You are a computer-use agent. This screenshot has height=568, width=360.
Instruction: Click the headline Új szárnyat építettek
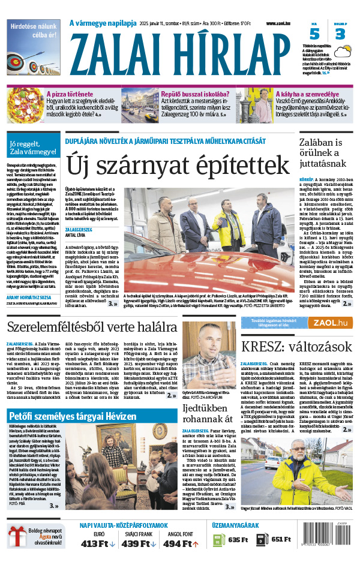coord(178,164)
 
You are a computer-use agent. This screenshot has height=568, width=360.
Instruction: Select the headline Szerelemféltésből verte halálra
coord(92,327)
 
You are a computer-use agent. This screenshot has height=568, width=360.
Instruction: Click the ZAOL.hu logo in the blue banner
coord(331,323)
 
